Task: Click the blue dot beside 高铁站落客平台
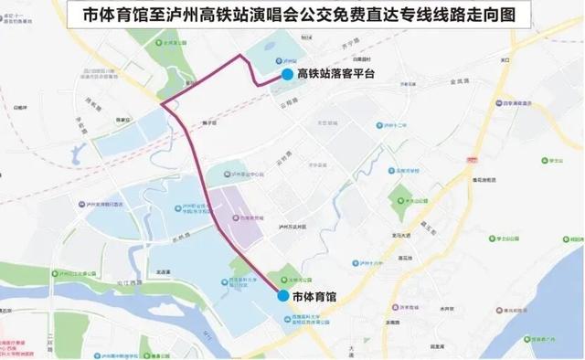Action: pos(287,75)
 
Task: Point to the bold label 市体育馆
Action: pos(315,297)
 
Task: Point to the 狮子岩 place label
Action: pos(209,122)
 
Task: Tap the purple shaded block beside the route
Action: pos(236,217)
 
